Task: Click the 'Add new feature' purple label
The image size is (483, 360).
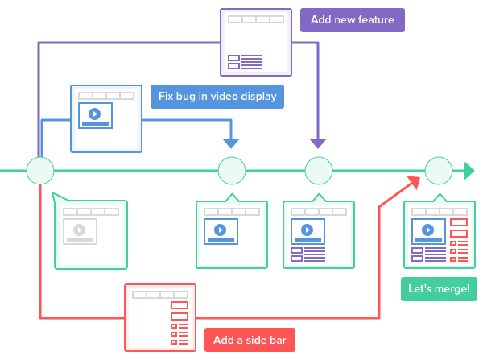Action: click(x=352, y=20)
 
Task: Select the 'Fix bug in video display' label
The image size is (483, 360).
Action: click(x=217, y=97)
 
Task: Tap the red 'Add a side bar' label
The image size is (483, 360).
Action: click(x=250, y=339)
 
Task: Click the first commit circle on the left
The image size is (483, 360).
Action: click(x=40, y=171)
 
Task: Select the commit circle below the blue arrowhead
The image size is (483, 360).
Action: click(x=231, y=171)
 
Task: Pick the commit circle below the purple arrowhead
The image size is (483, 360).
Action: click(x=318, y=171)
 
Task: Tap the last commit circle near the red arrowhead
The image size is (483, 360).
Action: click(x=439, y=171)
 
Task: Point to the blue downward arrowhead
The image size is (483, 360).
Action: click(x=231, y=143)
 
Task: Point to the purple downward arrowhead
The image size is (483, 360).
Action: click(x=318, y=143)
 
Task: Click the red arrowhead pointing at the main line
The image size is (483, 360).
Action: click(x=414, y=178)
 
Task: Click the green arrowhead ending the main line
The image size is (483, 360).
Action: click(x=469, y=171)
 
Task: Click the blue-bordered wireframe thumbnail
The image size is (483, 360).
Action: click(x=105, y=118)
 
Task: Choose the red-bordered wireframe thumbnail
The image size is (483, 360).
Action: click(x=159, y=317)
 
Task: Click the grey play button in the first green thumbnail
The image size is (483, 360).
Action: click(x=79, y=230)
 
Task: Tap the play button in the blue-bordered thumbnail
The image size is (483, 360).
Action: click(x=94, y=114)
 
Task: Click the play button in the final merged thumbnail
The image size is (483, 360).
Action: click(x=428, y=230)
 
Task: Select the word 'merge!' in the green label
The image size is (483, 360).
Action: click(x=452, y=289)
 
